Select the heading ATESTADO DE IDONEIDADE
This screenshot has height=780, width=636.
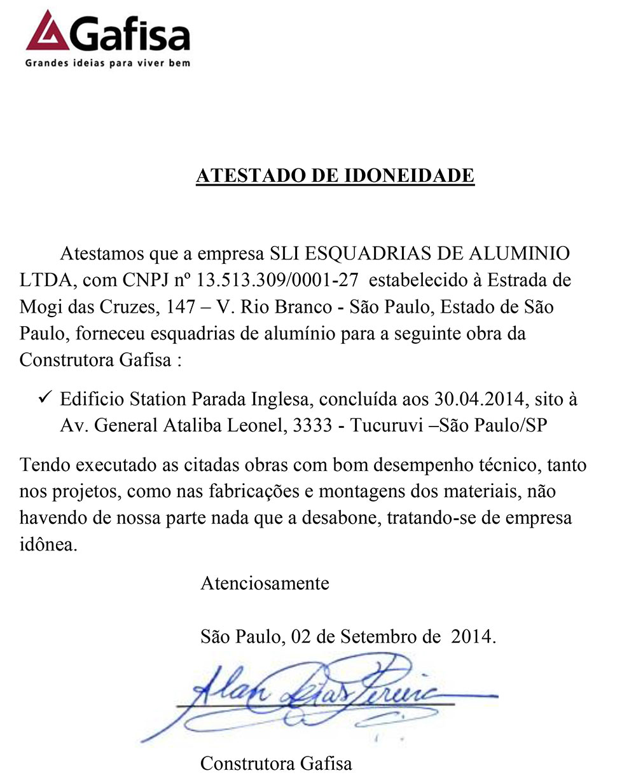[x=335, y=175]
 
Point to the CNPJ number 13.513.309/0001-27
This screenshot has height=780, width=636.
[x=279, y=280]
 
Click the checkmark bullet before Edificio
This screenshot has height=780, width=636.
[x=45, y=399]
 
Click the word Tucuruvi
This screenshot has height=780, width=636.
[x=387, y=426]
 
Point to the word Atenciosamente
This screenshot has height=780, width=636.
[x=265, y=583]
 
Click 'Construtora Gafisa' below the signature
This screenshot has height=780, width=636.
[x=276, y=763]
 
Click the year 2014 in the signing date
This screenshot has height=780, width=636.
[x=471, y=636]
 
